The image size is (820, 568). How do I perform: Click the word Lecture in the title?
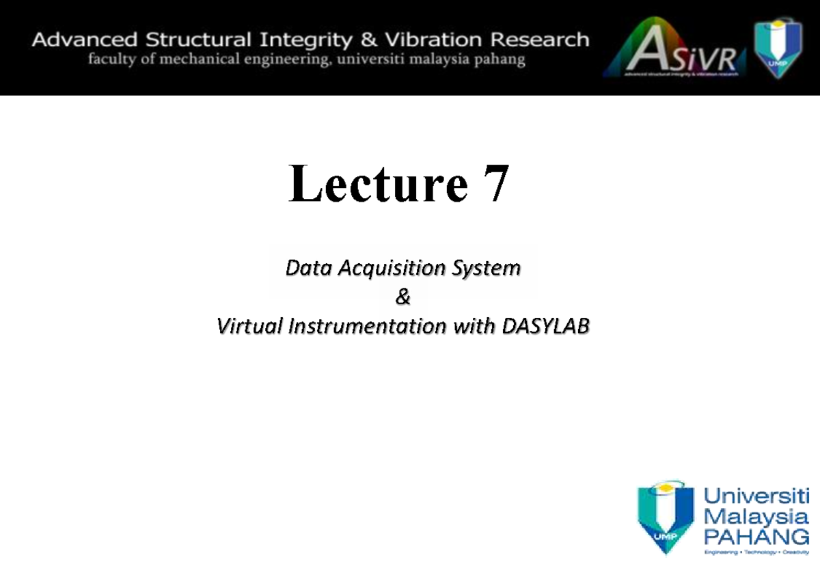378,185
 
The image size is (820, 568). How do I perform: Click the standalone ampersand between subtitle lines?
402,297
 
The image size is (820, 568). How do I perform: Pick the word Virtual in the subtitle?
249,327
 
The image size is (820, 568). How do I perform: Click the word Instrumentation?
366,327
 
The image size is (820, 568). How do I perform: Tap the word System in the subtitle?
489,268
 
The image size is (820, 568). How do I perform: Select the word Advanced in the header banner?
78,40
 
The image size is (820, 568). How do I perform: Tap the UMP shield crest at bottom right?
665,516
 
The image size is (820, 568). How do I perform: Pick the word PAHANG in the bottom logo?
756,534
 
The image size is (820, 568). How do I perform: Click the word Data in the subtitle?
307,268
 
